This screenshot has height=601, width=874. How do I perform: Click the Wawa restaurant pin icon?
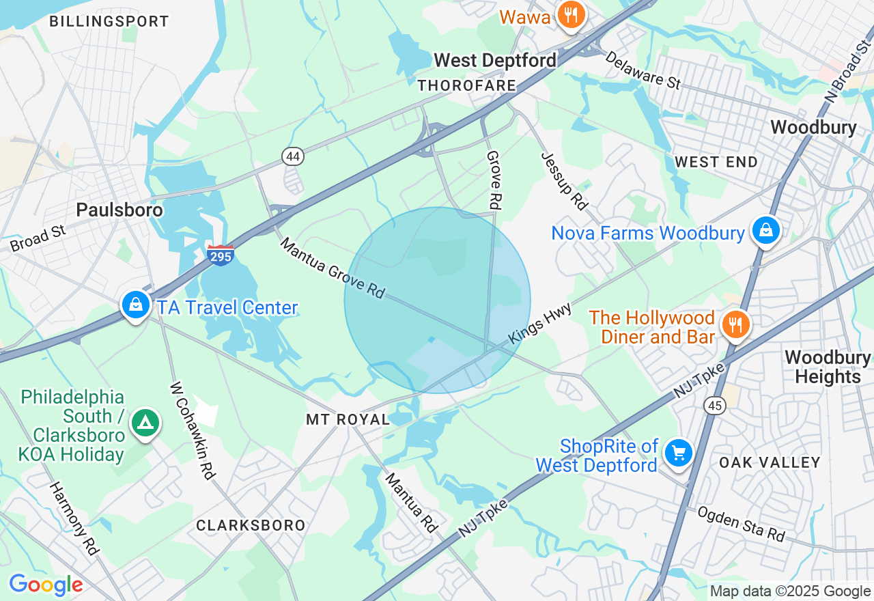tap(570, 14)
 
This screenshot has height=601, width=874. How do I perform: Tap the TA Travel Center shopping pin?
tap(136, 305)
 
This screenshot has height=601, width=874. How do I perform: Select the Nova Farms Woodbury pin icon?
tap(766, 231)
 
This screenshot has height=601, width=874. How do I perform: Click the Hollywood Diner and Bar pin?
tap(735, 325)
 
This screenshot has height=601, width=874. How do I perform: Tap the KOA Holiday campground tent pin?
tap(145, 423)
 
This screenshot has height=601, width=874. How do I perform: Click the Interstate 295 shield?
tap(220, 255)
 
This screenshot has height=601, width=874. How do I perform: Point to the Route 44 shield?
tap(293, 156)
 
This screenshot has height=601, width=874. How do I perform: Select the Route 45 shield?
tap(715, 406)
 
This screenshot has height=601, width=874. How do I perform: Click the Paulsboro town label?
tap(119, 210)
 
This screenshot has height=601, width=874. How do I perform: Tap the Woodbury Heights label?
tap(828, 367)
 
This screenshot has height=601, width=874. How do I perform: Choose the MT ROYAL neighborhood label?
tap(348, 419)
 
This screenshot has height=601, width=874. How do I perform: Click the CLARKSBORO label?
tap(251, 525)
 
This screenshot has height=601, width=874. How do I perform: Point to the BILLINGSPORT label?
tap(109, 21)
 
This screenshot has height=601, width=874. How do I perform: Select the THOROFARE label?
tap(467, 85)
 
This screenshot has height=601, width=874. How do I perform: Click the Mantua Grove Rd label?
tap(333, 268)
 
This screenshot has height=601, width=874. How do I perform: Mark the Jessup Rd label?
tap(564, 180)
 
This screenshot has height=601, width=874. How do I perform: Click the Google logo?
tap(46, 585)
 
